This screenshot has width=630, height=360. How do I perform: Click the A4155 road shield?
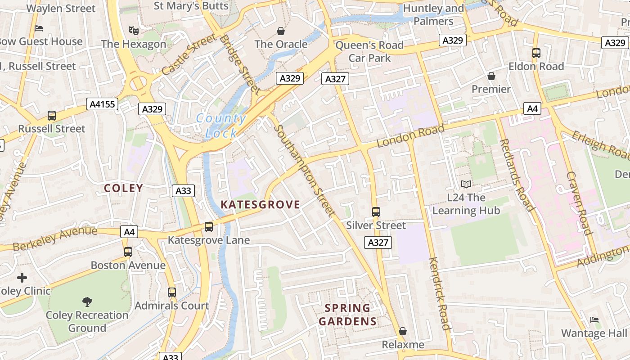(x=103, y=104)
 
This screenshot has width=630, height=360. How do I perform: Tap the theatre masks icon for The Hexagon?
(x=133, y=31)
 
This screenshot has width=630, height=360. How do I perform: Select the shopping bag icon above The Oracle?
(x=281, y=31)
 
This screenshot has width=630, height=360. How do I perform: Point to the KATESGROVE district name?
(x=260, y=205)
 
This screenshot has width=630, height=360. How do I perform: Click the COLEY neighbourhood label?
(x=123, y=188)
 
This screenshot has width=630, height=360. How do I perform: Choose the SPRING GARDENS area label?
(x=347, y=315)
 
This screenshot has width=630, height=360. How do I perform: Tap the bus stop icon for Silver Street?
(x=376, y=211)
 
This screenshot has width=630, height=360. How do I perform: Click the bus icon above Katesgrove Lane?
(x=209, y=227)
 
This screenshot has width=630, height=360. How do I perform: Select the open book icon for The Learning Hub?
(x=466, y=184)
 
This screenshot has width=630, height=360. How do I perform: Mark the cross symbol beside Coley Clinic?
(x=22, y=278)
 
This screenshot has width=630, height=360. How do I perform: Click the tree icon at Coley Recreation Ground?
(x=87, y=301)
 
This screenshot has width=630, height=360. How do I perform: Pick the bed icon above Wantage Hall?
(x=594, y=320)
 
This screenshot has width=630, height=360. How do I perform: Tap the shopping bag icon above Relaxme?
(x=403, y=331)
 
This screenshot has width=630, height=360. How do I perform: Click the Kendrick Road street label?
(x=439, y=293)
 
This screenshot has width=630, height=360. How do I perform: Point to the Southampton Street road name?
(x=305, y=170)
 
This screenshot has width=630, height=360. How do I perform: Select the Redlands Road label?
(x=517, y=175)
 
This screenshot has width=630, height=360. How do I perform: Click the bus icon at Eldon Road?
(x=536, y=53)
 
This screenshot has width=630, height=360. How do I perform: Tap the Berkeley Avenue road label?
(x=55, y=239)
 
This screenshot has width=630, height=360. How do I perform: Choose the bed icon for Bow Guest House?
(x=39, y=28)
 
